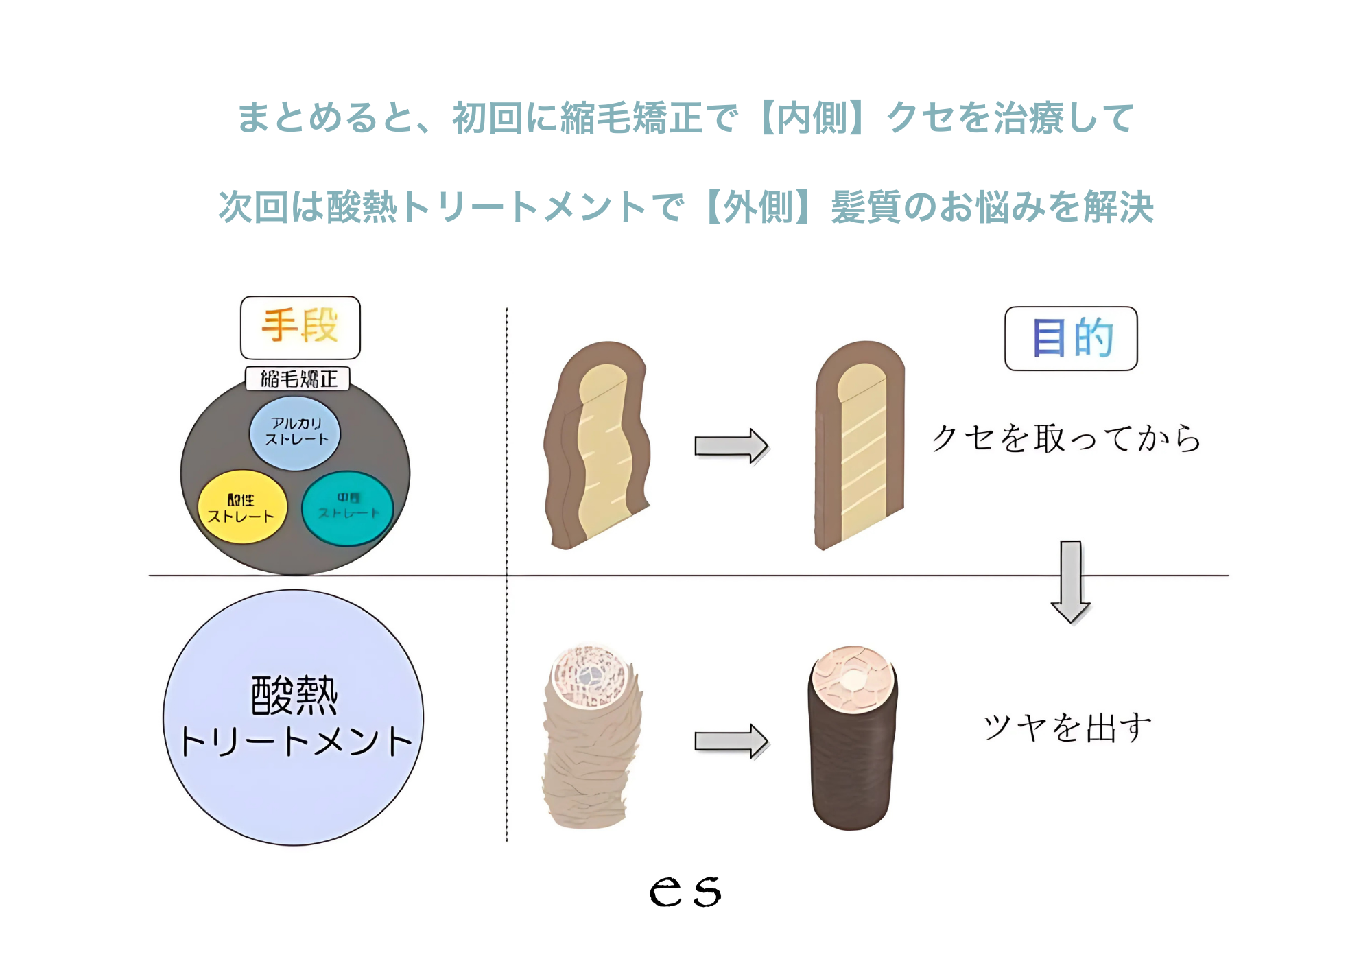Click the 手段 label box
click(x=300, y=327)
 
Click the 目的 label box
click(x=1070, y=338)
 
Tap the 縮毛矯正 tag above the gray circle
click(x=298, y=379)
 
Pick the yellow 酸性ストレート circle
click(x=241, y=508)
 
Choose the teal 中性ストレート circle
click(x=348, y=508)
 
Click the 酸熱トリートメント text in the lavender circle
click(x=294, y=717)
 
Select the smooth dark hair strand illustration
click(x=852, y=741)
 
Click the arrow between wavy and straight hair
click(x=731, y=446)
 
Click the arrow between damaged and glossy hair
click(x=731, y=741)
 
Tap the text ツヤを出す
click(x=1067, y=727)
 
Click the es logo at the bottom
click(x=685, y=892)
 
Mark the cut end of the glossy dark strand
click(x=853, y=678)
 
